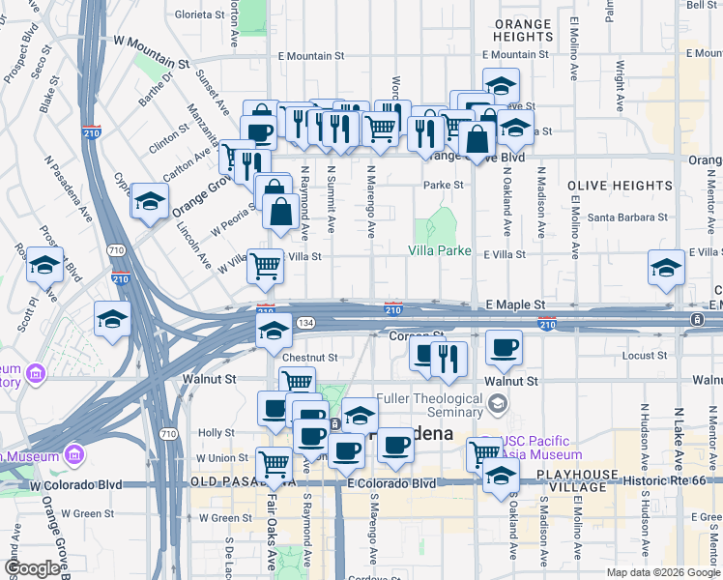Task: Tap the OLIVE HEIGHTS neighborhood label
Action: pos(620,185)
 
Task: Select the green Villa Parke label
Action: pos(439,250)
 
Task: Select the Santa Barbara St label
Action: pos(627,217)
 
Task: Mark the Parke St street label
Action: pos(444,185)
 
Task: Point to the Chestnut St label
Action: pos(310,358)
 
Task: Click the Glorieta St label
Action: pos(199,14)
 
